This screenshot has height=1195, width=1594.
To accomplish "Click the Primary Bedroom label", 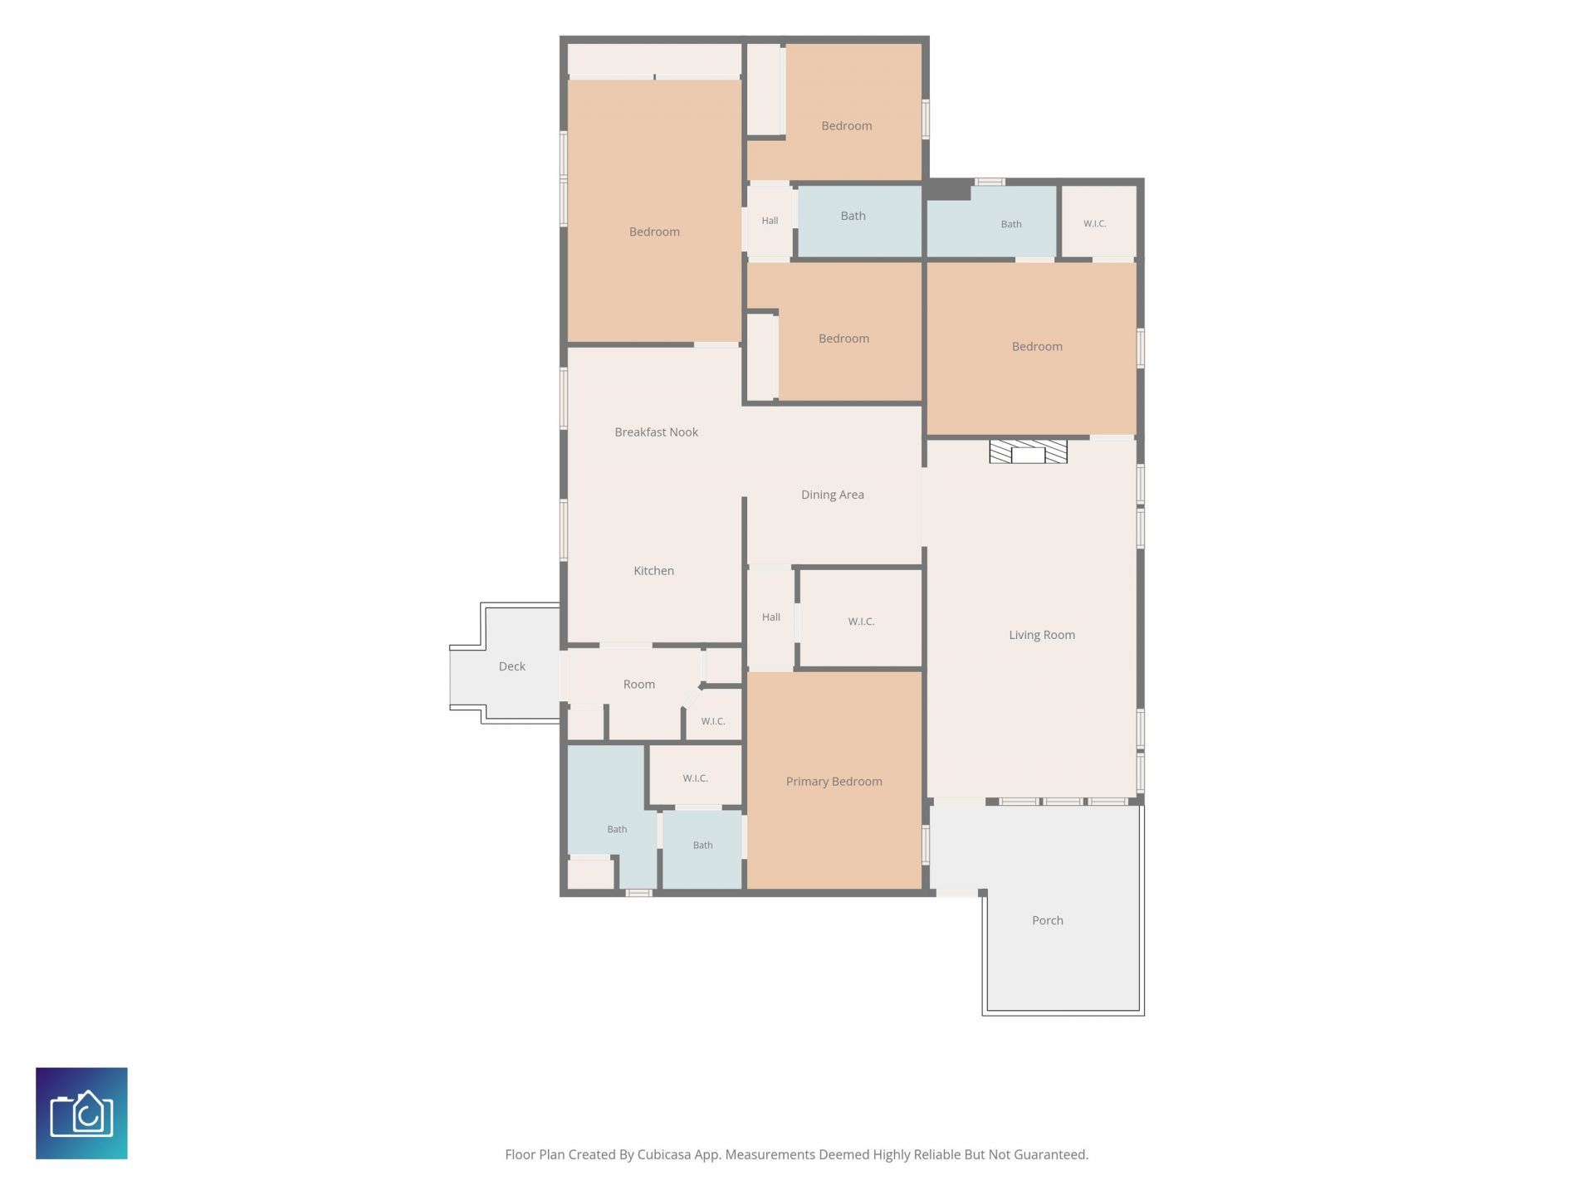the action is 834,782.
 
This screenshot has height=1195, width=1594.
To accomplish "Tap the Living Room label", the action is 1042,635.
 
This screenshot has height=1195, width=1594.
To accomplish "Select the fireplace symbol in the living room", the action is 1028,451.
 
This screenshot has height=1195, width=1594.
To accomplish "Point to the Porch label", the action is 1048,920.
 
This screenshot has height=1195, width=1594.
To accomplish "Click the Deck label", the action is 512,666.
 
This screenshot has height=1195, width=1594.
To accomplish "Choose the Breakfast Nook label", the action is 656,432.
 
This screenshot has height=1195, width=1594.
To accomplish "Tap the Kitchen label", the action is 653,571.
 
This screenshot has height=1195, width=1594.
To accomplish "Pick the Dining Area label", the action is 833,495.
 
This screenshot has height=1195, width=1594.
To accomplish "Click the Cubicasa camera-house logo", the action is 81,1113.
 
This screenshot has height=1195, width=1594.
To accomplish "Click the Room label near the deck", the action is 639,685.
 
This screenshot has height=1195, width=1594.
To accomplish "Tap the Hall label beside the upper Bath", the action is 770,221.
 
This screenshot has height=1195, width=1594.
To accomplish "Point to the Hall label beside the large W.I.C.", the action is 771,617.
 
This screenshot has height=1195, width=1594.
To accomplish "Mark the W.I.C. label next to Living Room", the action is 861,622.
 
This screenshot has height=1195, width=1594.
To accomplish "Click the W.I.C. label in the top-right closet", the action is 1095,224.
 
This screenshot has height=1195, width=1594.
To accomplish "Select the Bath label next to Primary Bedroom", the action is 702,846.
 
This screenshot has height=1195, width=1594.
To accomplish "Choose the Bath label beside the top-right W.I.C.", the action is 1011,224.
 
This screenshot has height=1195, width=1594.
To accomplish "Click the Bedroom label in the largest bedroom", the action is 654,232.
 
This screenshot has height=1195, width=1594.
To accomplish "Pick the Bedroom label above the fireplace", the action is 1037,347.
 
